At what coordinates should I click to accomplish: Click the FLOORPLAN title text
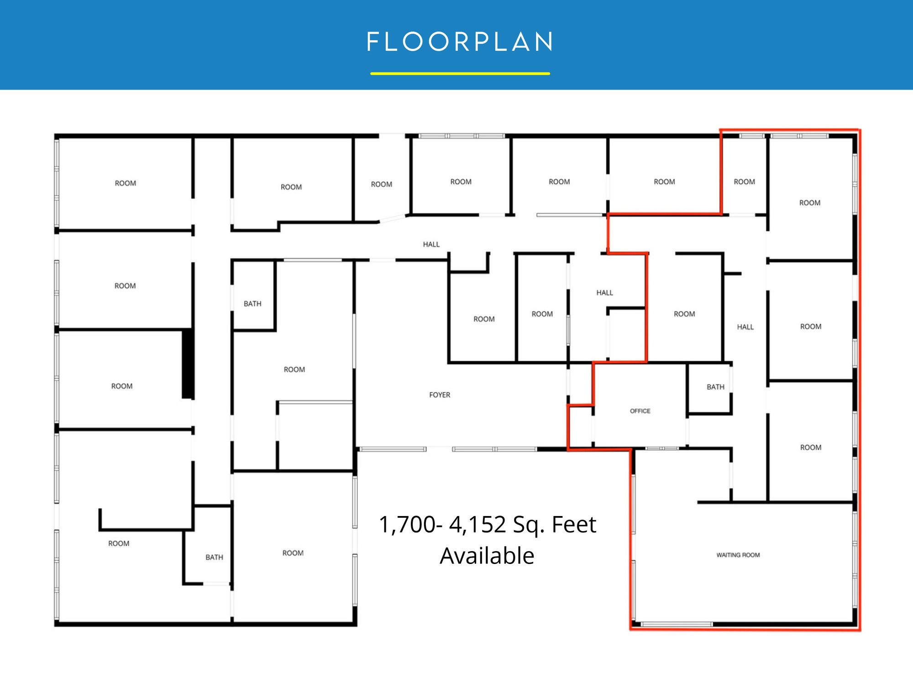click(x=460, y=42)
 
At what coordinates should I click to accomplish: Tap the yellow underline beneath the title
click(x=460, y=73)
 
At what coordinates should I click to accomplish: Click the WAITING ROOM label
click(x=738, y=555)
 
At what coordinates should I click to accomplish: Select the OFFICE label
click(x=640, y=411)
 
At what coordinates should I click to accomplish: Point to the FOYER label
click(x=440, y=395)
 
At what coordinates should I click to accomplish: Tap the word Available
click(x=487, y=556)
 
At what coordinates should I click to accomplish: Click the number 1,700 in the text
click(x=407, y=524)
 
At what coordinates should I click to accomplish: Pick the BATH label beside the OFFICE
click(x=715, y=387)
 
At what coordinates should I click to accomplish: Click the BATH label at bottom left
click(x=214, y=557)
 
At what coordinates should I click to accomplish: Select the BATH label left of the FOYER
click(x=252, y=304)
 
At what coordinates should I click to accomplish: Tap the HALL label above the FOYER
click(x=431, y=244)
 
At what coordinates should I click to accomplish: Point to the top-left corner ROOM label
click(x=126, y=183)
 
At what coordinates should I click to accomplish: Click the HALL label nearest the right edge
click(x=745, y=327)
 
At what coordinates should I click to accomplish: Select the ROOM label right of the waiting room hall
click(x=810, y=448)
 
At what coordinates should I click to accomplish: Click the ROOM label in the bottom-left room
click(x=119, y=543)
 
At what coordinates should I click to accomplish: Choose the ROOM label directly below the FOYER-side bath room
click(x=294, y=369)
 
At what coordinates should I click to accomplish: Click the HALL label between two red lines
click(x=604, y=293)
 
